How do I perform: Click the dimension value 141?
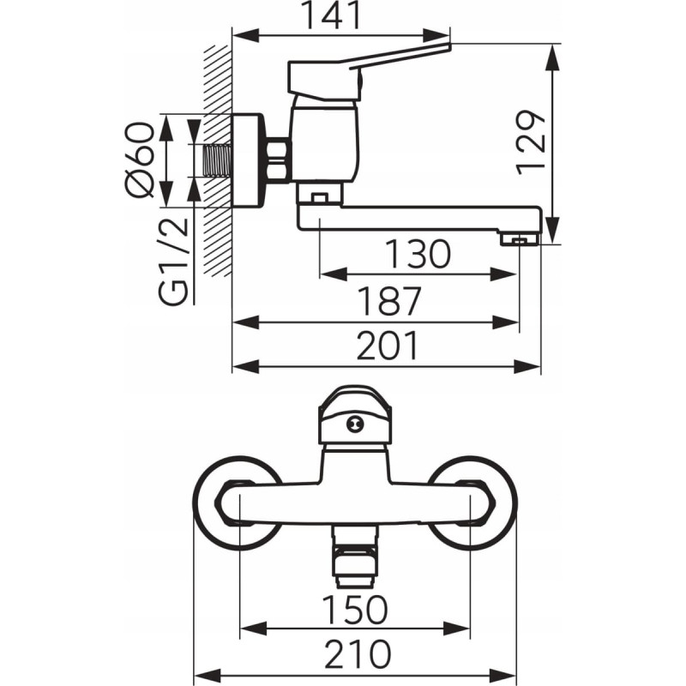click(341, 15)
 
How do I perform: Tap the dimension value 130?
click(418, 255)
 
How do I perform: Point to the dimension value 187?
click(390, 301)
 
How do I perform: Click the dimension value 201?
click(388, 346)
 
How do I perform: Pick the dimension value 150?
click(355, 610)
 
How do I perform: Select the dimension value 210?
click(356, 653)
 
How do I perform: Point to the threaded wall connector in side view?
click(220, 160)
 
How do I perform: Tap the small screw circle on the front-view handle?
click(354, 423)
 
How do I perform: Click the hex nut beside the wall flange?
click(277, 160)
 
